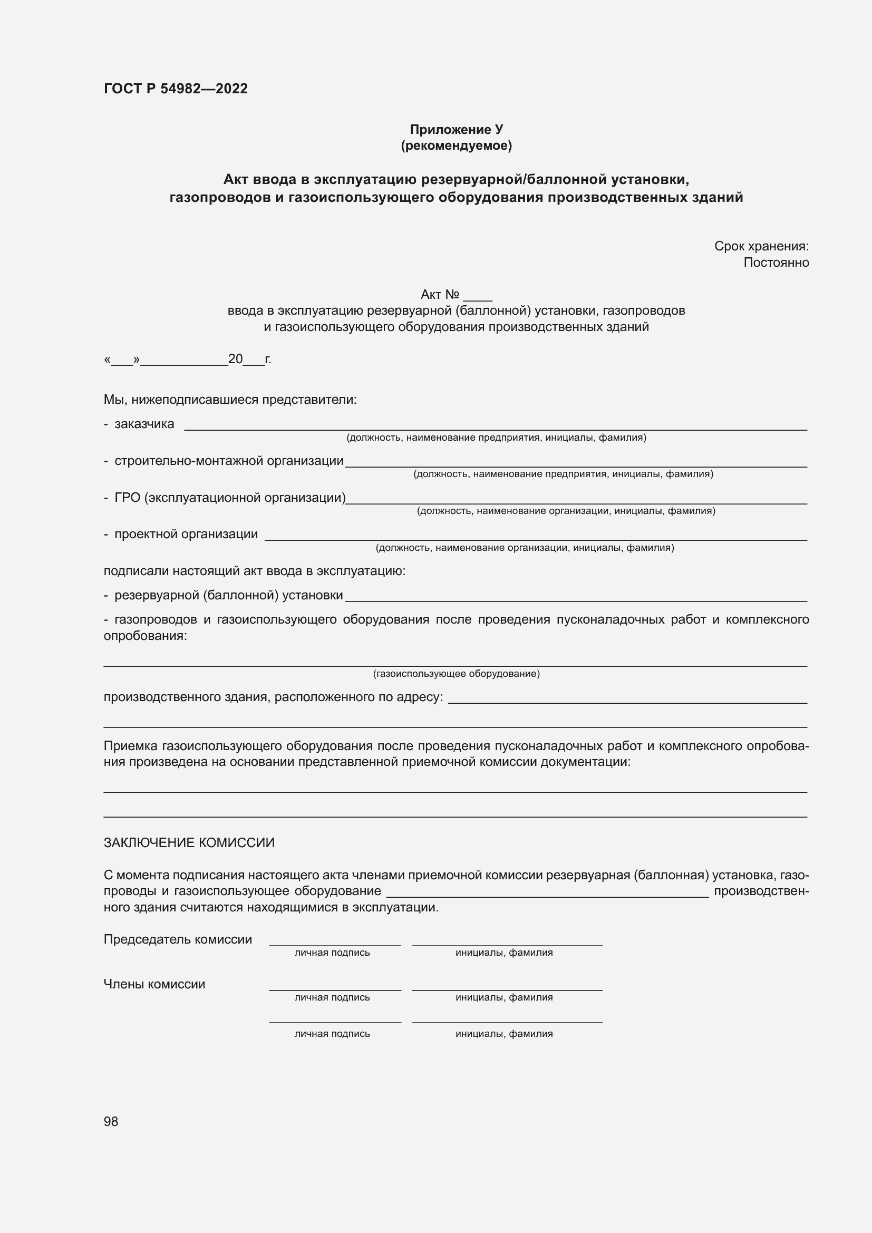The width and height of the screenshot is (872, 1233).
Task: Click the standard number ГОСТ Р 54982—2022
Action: [176, 89]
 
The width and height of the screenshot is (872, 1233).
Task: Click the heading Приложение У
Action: [456, 130]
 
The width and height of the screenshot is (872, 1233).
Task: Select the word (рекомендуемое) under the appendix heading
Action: [456, 145]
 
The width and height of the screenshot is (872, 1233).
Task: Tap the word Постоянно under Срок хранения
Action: [776, 263]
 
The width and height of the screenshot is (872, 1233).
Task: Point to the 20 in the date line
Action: [235, 359]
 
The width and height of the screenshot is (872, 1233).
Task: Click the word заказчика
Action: [144, 424]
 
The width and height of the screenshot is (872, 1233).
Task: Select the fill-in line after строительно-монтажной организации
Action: [576, 465]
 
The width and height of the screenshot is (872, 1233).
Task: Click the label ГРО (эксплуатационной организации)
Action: [230, 497]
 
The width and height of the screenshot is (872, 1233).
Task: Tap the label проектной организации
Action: [186, 534]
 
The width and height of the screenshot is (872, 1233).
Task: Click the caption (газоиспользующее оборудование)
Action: [456, 673]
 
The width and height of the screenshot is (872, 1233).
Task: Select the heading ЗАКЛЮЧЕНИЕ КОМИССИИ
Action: [189, 842]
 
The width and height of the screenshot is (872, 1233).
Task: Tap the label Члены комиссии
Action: [154, 984]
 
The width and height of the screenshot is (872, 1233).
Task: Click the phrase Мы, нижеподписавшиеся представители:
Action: [230, 400]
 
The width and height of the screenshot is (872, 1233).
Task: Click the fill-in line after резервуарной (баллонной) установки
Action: [576, 599]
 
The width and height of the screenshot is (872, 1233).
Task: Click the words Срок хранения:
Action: [761, 246]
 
